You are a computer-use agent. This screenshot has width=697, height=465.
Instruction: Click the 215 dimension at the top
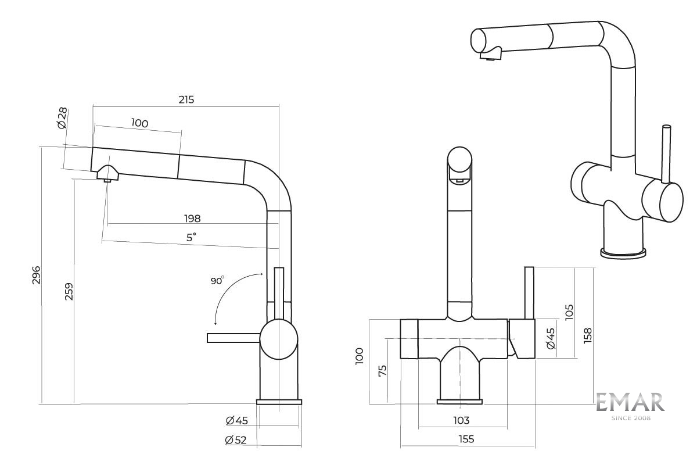(186, 99)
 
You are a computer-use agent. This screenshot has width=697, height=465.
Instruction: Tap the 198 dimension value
(192, 219)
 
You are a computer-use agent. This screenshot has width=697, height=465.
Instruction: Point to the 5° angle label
(191, 237)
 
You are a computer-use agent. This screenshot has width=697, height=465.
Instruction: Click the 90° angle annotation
(217, 281)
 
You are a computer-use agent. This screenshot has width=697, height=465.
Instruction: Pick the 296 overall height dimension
(35, 276)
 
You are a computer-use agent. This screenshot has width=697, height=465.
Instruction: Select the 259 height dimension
(69, 291)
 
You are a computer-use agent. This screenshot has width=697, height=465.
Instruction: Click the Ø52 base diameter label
(236, 440)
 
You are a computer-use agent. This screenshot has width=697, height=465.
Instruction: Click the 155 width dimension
(466, 439)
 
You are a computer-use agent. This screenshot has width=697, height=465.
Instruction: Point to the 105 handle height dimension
(569, 312)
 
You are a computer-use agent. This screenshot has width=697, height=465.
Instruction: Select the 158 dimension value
(588, 335)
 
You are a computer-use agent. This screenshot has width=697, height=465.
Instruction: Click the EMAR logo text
(630, 403)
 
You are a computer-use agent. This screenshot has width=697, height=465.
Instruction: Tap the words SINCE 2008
(631, 417)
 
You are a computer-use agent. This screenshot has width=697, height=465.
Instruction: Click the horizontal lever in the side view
(232, 338)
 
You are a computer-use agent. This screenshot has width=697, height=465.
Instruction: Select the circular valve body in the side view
(279, 341)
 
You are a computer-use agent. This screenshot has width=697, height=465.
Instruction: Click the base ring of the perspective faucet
(623, 252)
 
